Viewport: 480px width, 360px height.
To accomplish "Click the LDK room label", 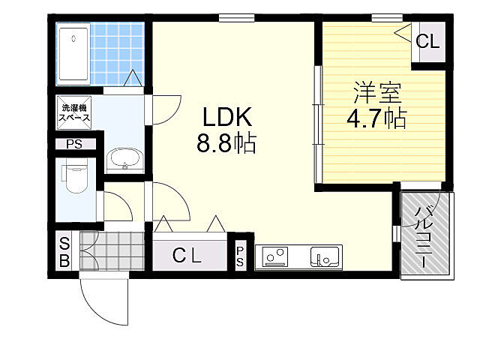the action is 227,117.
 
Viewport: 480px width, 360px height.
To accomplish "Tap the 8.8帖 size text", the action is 226,143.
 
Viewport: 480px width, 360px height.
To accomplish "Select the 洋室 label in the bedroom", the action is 377,93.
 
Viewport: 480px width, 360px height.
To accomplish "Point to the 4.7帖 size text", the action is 376,118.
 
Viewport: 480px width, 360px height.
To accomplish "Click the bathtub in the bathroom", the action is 73,54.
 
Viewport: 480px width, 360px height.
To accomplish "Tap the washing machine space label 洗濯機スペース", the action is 74,112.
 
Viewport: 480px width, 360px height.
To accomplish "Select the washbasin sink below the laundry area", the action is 125,158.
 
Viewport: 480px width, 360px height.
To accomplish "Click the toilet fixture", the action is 75,178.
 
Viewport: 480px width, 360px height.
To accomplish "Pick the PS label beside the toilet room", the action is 74,144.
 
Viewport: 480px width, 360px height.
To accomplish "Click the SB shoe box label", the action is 64,252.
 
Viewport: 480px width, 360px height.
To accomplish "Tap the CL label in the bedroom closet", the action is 427,41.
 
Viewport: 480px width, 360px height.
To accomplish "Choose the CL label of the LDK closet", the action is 187,255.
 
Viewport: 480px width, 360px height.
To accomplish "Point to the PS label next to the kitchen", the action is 240,256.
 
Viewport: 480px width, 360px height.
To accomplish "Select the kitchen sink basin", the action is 325,256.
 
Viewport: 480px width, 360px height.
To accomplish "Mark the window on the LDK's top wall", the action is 237,18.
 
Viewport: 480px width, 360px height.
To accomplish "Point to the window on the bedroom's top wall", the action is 387,18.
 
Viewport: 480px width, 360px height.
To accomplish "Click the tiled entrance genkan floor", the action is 112,251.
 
